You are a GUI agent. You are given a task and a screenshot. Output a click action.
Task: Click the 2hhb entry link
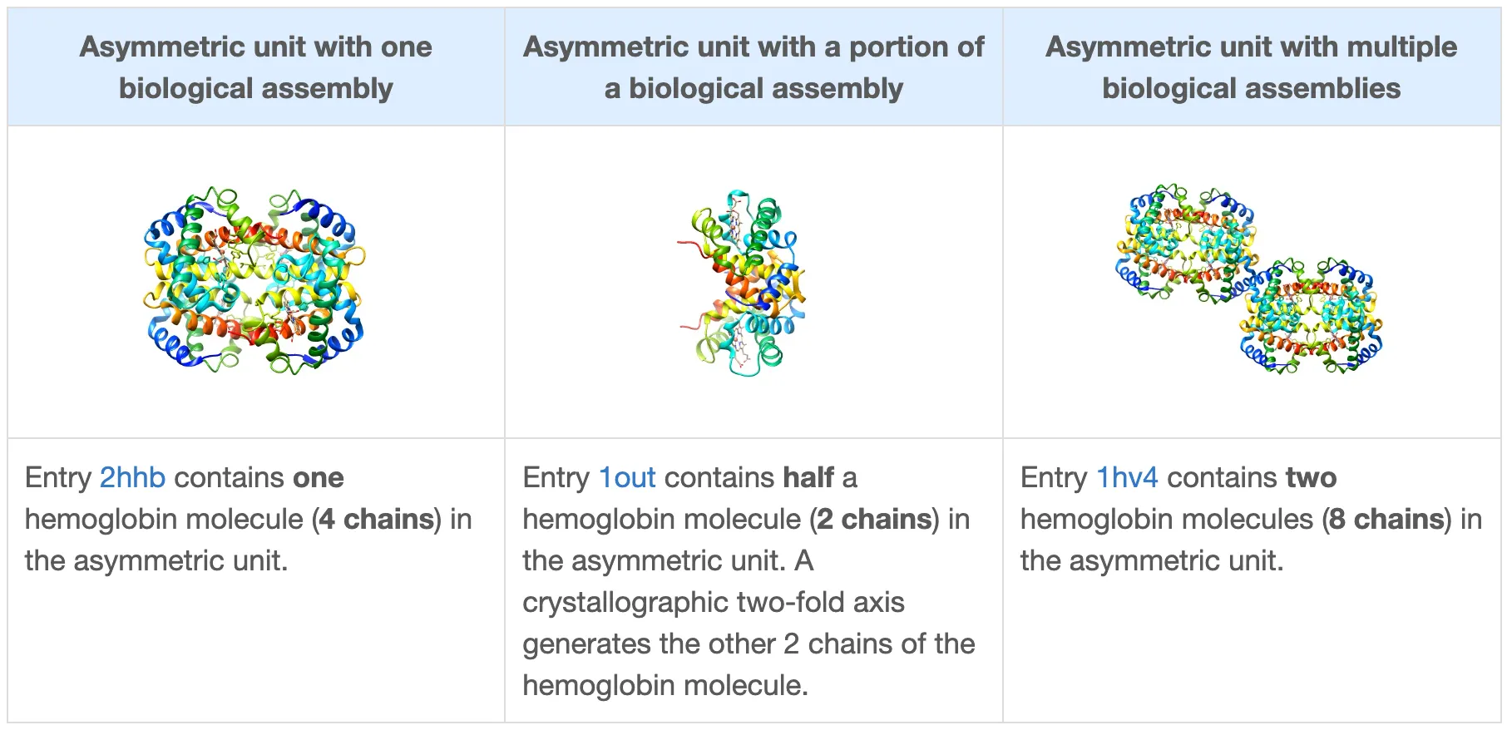[132, 477]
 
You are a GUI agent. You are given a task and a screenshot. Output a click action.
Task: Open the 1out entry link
[627, 477]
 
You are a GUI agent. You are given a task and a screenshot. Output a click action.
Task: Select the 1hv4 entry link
[1126, 477]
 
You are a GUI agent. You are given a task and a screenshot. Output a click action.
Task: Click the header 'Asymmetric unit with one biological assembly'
[255, 67]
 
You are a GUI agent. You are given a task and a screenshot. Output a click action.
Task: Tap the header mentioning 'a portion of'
[753, 67]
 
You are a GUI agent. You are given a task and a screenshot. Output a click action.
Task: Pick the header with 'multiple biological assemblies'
[1251, 67]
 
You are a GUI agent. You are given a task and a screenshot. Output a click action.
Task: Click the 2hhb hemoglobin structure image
[254, 280]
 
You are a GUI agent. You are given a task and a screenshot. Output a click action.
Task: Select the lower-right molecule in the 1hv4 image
[1311, 318]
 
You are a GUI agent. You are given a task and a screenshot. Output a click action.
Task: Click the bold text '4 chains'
[379, 519]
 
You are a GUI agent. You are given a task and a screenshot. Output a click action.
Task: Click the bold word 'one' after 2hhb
[318, 477]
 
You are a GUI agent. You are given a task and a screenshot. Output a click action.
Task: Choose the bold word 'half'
[808, 477]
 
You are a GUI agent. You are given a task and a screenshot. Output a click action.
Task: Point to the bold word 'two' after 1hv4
[1311, 477]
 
